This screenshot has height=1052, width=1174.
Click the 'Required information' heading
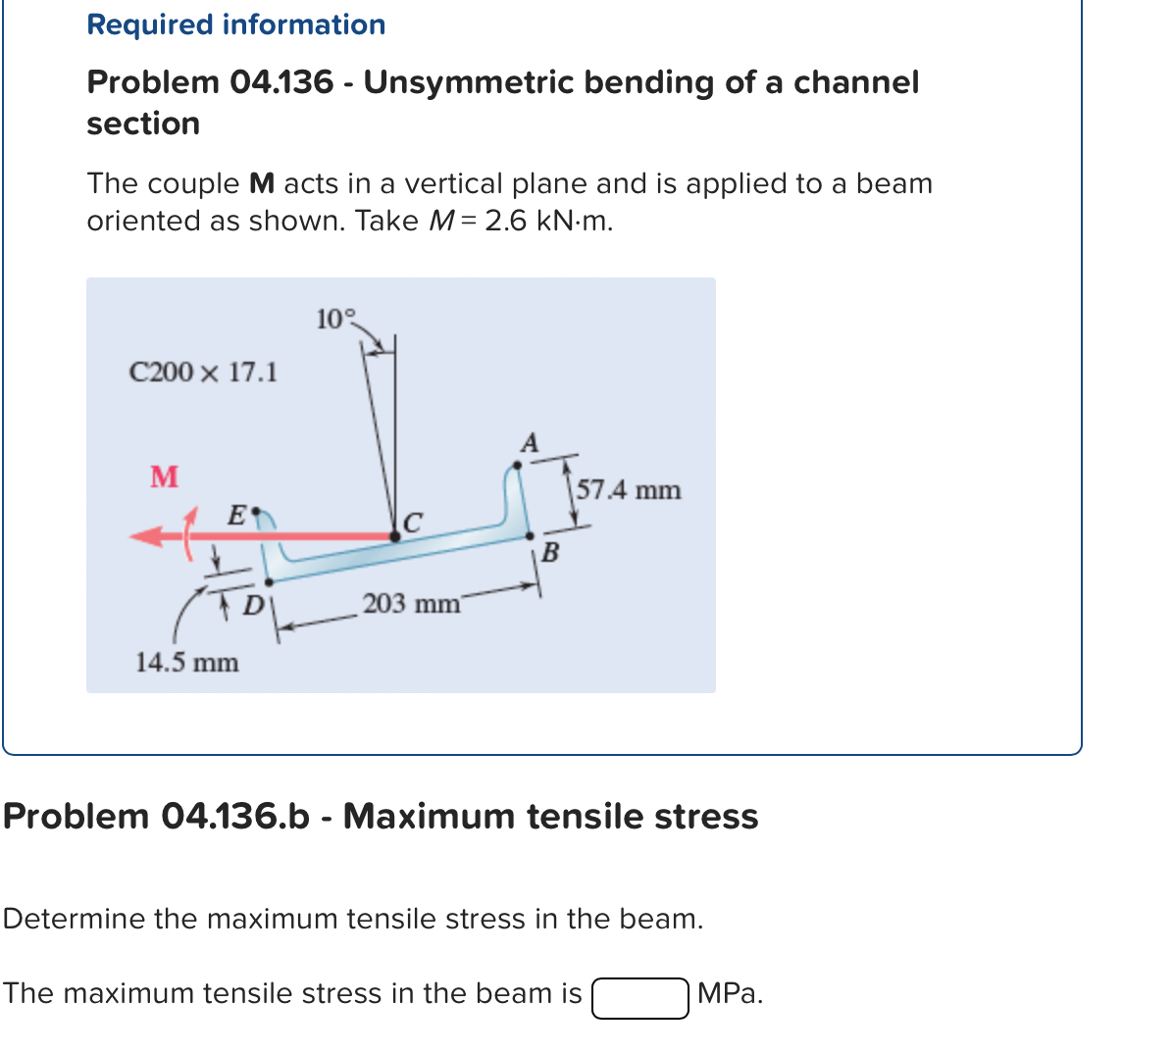[x=236, y=25]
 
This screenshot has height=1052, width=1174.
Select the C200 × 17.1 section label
[x=204, y=373]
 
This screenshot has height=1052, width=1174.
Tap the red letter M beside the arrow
[x=164, y=476]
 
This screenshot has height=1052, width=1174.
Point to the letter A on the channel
[x=530, y=443]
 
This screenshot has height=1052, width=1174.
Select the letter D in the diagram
[x=252, y=605]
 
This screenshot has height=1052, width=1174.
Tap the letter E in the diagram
[x=236, y=513]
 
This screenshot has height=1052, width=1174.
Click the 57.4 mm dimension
[x=629, y=489]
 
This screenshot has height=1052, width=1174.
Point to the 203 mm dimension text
[x=411, y=603]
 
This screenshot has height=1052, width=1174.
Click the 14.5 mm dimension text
[x=186, y=663]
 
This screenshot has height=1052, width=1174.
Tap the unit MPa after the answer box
[x=730, y=994]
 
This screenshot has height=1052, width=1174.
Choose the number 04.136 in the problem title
[x=281, y=82]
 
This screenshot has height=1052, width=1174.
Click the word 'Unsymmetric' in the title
[x=469, y=82]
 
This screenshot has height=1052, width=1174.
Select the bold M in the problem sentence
[x=262, y=184]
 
